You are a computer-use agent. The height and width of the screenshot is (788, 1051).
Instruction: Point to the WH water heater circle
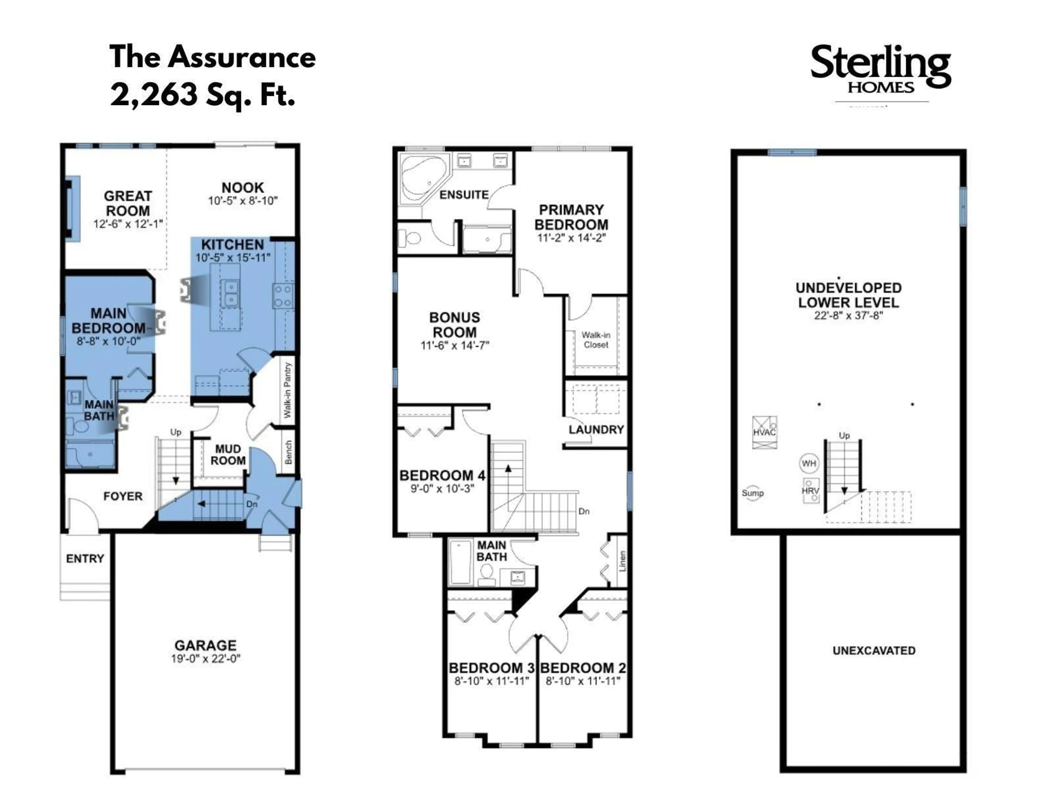tap(809, 463)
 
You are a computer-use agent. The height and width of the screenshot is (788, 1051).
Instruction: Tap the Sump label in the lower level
tap(753, 493)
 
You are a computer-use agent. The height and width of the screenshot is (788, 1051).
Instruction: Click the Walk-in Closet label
tap(596, 340)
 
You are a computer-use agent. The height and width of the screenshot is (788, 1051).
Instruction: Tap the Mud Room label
tap(228, 454)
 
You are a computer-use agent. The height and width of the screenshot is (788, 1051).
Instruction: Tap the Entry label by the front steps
tap(85, 559)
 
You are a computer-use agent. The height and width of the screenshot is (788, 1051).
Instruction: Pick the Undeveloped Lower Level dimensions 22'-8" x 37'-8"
tap(848, 315)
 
